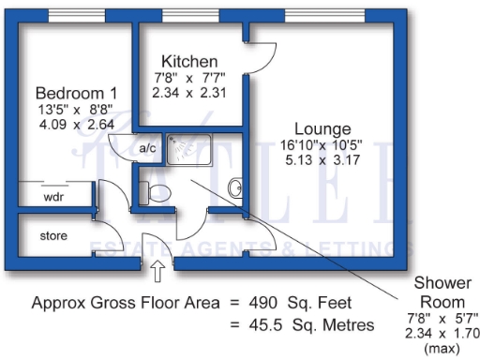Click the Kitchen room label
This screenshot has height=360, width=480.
coord(189,62)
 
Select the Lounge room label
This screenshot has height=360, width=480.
coord(322,128)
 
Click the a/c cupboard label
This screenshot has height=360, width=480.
coord(147,148)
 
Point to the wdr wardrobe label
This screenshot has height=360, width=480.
coord(52,197)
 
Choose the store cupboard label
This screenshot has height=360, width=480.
coord(53,236)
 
